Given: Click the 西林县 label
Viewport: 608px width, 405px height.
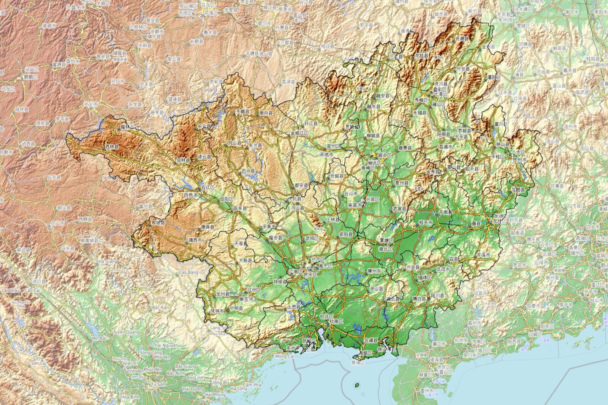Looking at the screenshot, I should coord(112,147).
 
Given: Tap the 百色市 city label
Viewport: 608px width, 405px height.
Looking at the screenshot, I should coord(190,195).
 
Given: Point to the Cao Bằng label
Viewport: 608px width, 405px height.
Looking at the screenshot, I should coord(189,273).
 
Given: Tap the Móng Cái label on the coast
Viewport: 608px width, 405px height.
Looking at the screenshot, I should coord(285,356).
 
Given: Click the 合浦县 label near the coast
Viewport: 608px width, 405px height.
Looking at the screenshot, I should coord(371,340).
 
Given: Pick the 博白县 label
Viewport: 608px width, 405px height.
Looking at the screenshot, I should coord(420,299).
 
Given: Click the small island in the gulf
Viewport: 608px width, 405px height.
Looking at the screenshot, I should coord(356,385).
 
